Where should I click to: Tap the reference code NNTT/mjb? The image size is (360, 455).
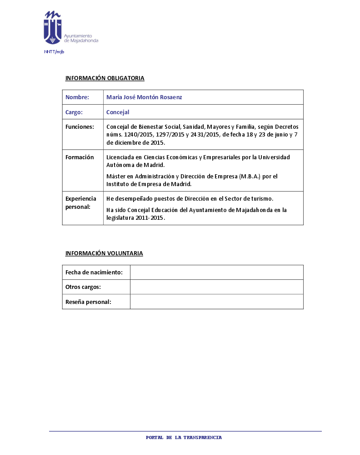pos(54,52)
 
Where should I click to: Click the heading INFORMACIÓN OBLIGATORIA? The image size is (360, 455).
pos(105,78)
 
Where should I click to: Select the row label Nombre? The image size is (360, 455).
pos(77,97)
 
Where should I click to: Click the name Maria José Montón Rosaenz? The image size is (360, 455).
pos(144,97)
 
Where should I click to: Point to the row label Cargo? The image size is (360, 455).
pos(74,112)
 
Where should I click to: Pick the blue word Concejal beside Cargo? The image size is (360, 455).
pos(118,112)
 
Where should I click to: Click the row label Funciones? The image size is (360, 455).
pos(80,126)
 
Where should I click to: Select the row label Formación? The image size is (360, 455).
pos(80,157)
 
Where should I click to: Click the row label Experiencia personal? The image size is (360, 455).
pos(81,202)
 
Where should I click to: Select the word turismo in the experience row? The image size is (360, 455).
pos(260,199)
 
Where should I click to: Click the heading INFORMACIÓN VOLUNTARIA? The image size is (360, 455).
pos(104,253)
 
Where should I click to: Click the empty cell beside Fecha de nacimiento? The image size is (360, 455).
pos(216,273)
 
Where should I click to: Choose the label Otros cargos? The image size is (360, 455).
pos(83,287)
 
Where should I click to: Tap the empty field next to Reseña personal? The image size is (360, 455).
pos(216,302)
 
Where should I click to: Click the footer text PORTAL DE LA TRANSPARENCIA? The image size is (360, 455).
pos(184,438)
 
